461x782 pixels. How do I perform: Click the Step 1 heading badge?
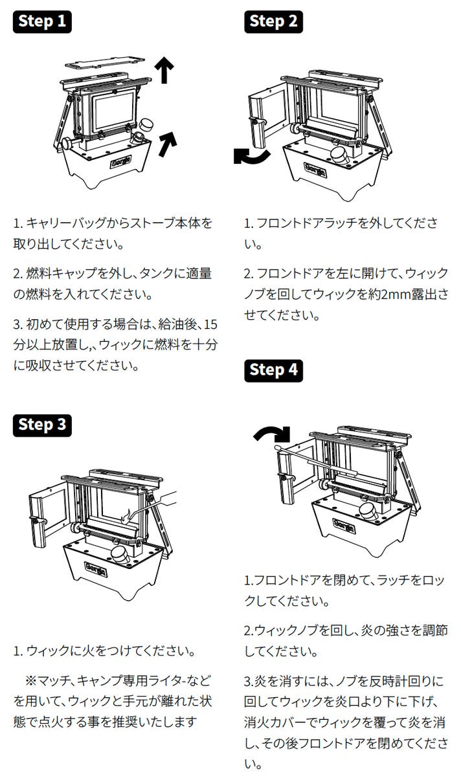coord(42,21)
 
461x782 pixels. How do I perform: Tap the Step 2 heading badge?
coord(274,21)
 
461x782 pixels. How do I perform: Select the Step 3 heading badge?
coord(42,425)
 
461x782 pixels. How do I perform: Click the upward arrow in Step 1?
coord(164,70)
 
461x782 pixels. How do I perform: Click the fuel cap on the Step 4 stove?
coord(371,511)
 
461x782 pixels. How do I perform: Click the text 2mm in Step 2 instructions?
coord(394,295)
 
